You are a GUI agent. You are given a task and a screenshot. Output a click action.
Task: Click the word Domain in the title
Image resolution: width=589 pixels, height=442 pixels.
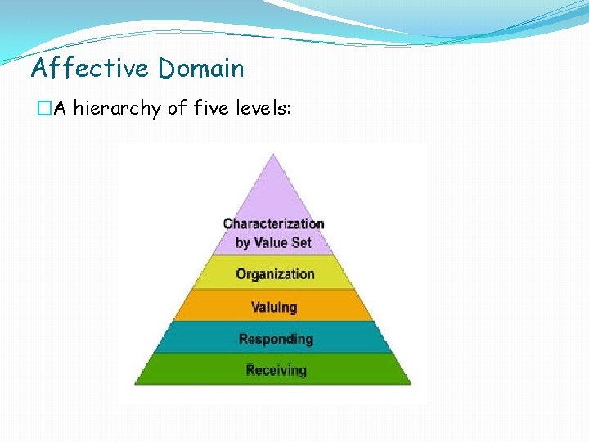[x=201, y=68]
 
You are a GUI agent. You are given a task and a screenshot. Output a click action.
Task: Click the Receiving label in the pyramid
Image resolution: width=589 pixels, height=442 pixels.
[x=276, y=370]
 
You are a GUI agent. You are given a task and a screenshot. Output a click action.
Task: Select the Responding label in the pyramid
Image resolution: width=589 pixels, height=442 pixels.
[x=276, y=339]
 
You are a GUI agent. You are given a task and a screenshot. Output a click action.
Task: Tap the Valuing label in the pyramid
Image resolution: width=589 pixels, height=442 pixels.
[x=274, y=308]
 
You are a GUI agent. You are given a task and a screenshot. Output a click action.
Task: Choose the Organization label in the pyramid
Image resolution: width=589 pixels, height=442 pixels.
[x=275, y=274]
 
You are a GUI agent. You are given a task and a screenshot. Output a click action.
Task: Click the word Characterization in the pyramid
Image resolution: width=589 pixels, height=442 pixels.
[x=274, y=223]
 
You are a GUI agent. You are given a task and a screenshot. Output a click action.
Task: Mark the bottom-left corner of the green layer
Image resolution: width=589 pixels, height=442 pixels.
[x=135, y=383]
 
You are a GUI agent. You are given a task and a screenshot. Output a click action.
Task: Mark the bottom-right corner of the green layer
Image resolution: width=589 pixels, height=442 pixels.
[x=411, y=383]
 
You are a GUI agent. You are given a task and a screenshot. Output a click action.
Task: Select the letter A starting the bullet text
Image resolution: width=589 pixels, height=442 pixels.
[x=60, y=109]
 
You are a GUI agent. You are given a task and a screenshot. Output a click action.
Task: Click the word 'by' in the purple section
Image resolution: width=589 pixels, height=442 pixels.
[x=243, y=243]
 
